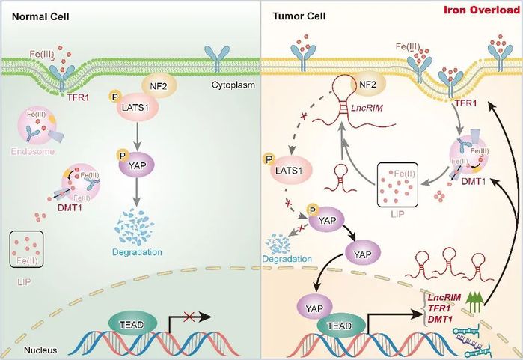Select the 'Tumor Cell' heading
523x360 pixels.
point(294,16)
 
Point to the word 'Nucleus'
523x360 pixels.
point(29,350)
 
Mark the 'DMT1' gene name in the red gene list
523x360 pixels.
point(441,320)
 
